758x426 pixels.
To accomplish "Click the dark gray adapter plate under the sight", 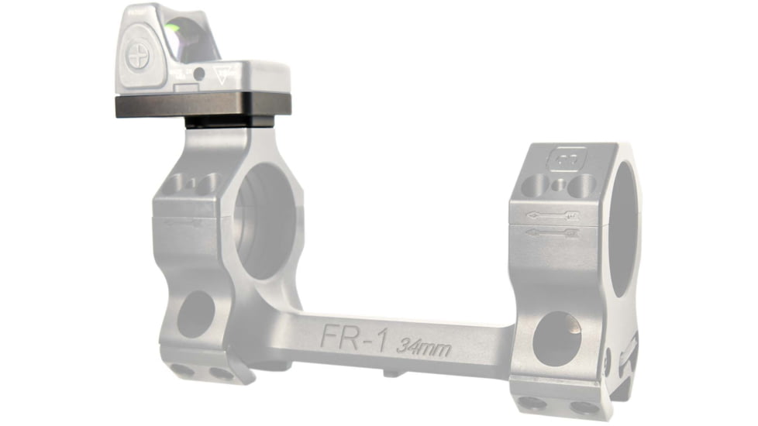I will (x=202, y=105).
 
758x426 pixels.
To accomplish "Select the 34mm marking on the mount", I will (x=422, y=345).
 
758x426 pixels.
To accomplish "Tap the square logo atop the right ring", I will (x=560, y=160).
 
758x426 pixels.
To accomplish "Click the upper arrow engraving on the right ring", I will (x=552, y=215).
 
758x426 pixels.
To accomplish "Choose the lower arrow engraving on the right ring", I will (x=552, y=231).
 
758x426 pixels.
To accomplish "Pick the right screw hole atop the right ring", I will (x=582, y=184).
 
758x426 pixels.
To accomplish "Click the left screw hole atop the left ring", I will (x=177, y=183).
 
